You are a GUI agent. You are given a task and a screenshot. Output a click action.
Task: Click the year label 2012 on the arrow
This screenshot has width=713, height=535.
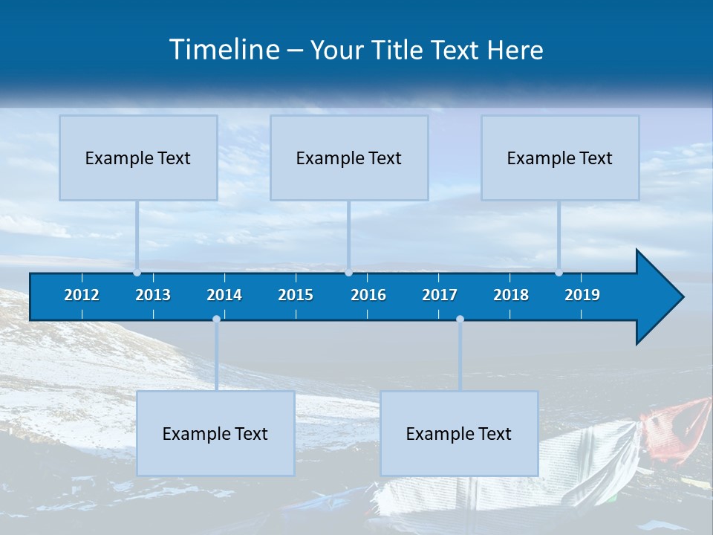coord(82,295)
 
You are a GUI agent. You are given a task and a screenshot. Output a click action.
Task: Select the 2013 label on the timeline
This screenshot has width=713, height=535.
coord(153,295)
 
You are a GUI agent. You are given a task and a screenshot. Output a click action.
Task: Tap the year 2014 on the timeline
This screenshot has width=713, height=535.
coord(224,295)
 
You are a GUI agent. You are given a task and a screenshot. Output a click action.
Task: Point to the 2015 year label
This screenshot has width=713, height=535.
coord(296,295)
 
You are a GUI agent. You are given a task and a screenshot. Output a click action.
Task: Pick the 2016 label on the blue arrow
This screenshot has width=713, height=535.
coord(368,295)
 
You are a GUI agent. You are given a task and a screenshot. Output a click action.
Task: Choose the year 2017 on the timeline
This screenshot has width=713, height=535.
coord(440,295)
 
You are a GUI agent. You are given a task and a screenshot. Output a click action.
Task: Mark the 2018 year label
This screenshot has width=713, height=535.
coord(511,295)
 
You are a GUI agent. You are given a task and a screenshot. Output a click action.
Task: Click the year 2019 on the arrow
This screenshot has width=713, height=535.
coord(582,295)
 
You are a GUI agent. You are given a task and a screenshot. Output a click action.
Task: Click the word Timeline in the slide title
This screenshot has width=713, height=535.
coord(224,50)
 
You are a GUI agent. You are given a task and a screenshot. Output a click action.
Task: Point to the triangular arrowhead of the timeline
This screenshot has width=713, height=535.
coord(658,297)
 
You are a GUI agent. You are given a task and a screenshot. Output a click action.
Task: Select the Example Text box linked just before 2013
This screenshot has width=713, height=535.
coord(138,158)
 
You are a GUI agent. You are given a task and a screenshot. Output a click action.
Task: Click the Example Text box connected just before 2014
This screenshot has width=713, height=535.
coord(215,433)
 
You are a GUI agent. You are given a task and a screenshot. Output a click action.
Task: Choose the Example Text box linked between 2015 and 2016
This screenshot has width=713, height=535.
coord(349,158)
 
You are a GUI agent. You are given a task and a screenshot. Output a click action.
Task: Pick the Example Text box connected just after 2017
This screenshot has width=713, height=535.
coord(459,433)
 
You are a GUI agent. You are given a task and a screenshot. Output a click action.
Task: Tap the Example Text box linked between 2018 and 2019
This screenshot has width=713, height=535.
coord(560,158)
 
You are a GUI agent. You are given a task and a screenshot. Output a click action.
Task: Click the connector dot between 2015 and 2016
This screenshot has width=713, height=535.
coord(349,273)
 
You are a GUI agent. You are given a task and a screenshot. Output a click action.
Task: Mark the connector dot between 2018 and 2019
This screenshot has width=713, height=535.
coord(559,273)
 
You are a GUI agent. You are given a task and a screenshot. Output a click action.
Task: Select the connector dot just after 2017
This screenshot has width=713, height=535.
coord(460,320)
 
